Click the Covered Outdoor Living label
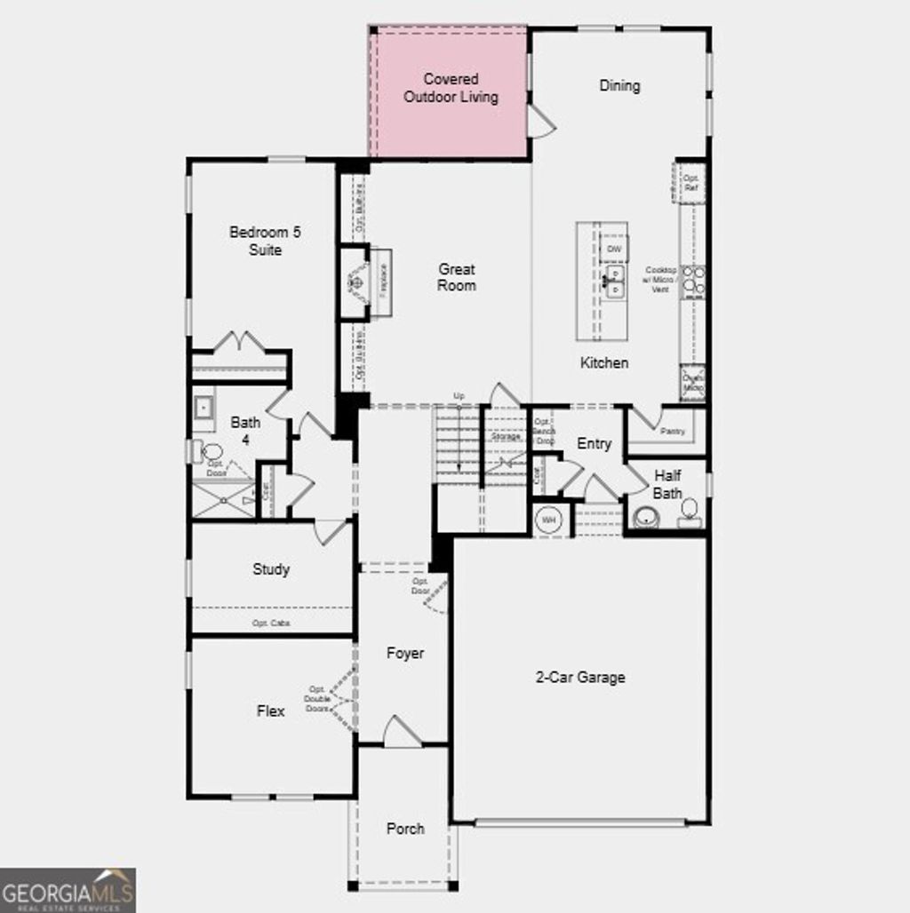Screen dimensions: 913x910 451,88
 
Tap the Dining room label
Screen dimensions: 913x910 619,85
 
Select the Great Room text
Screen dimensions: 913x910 456,277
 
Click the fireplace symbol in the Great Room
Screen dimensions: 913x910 356,282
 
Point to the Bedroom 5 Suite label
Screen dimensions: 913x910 265,241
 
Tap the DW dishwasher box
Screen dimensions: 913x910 613,250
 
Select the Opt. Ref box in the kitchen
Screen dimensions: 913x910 690,183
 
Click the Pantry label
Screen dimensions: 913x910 674,431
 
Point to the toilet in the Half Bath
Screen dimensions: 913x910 689,512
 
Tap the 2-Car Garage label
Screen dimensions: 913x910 580,678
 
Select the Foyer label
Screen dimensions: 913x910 404,653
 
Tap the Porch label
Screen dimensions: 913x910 405,829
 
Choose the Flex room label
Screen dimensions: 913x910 270,711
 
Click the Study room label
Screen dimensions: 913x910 270,569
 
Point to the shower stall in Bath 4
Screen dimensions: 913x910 223,499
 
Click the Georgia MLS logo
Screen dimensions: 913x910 68,890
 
